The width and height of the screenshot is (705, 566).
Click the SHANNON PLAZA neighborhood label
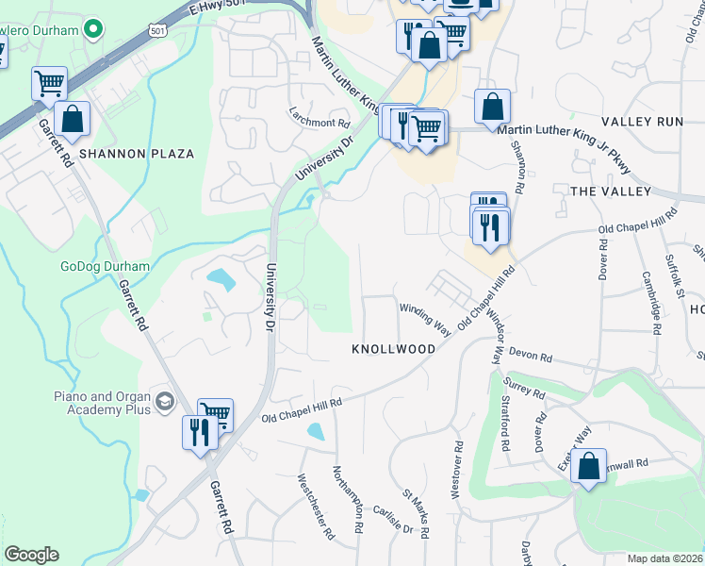click(136, 153)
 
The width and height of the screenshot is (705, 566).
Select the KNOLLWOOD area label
click(393, 349)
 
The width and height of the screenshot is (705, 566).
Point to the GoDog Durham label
click(105, 266)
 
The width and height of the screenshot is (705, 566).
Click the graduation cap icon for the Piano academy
click(165, 403)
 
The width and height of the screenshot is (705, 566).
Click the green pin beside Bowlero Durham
click(92, 29)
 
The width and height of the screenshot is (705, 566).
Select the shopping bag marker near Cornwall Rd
click(588, 467)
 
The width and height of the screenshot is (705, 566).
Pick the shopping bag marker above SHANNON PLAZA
click(72, 120)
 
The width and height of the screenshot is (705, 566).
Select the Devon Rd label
click(529, 356)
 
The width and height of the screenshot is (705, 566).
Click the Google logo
click(31, 555)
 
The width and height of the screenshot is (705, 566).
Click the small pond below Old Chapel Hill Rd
click(316, 431)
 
